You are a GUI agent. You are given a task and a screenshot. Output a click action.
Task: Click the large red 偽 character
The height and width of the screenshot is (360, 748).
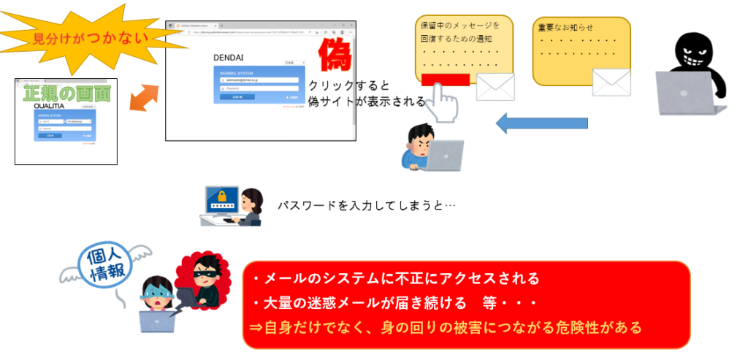pos(333,55)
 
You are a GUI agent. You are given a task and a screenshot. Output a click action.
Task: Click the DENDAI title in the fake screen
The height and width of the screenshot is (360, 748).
pos(228,57)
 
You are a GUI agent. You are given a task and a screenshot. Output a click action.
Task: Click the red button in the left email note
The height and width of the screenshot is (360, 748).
pos(445,80)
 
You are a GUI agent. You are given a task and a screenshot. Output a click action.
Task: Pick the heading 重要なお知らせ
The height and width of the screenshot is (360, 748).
pos(565,28)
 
